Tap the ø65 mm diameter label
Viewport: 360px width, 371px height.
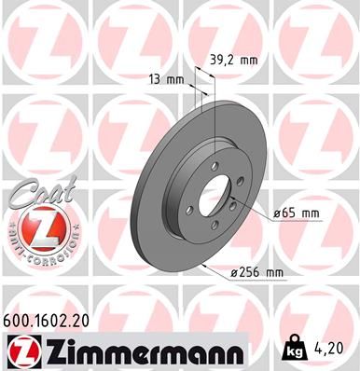[296, 213]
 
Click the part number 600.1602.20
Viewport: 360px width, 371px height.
[52, 319]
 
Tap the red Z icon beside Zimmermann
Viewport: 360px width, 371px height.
[24, 350]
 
